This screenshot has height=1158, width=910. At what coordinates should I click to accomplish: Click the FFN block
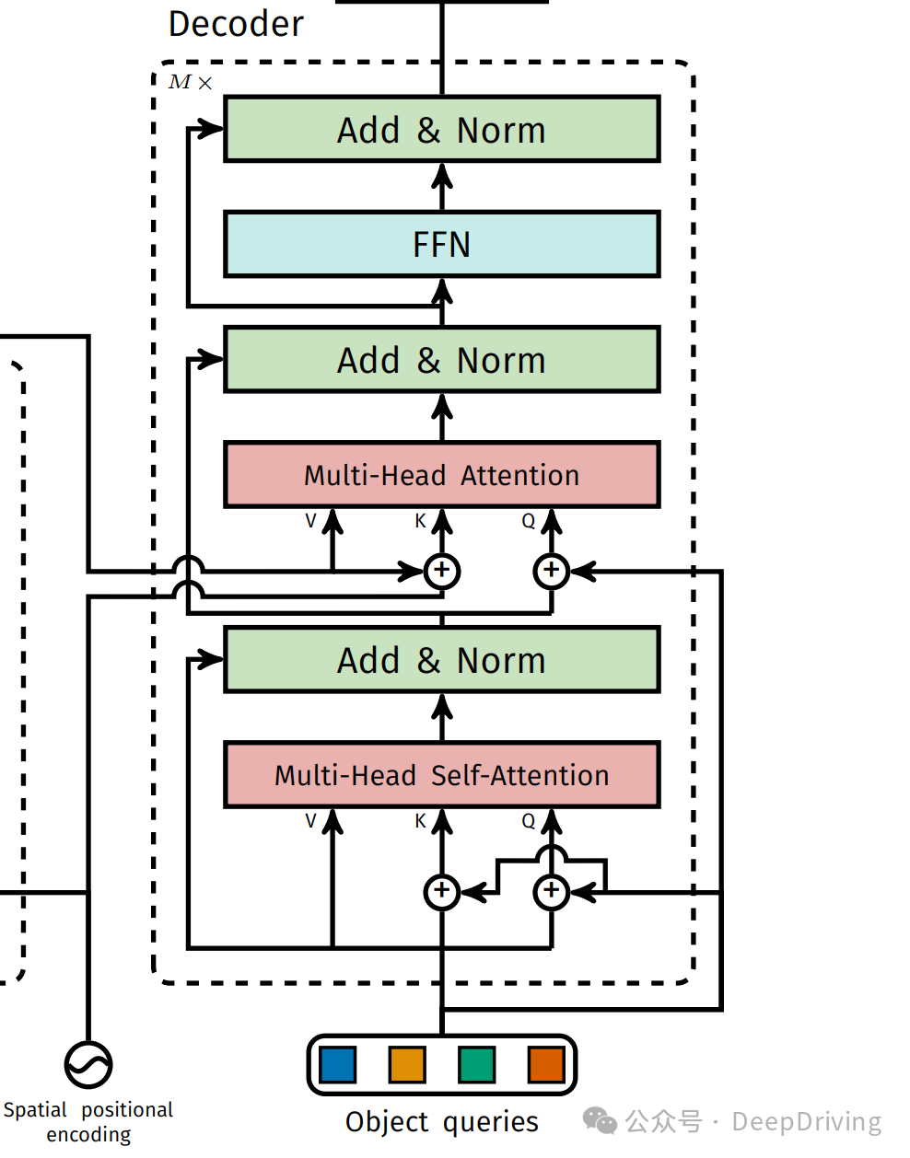[x=442, y=244]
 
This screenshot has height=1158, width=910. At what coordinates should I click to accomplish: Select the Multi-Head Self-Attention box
[x=442, y=775]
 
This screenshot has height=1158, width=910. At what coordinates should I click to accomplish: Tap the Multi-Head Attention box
[x=442, y=475]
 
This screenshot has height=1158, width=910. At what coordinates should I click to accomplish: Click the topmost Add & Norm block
[x=442, y=130]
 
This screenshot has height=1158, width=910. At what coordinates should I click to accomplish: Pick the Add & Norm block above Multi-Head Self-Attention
[x=442, y=660]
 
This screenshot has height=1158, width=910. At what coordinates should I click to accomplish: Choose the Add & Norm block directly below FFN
[x=442, y=360]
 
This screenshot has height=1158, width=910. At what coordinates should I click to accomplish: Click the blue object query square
[x=337, y=1065]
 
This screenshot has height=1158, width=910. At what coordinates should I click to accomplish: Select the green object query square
[x=476, y=1065]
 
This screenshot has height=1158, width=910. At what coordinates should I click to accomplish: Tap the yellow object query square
[x=407, y=1065]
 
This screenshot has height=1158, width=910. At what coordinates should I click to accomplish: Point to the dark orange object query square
[x=545, y=1065]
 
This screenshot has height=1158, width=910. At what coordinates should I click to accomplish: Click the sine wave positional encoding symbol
[x=88, y=1065]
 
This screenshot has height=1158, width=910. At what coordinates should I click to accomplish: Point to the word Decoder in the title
[x=236, y=24]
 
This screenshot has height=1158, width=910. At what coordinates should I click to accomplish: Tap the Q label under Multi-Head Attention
[x=528, y=521]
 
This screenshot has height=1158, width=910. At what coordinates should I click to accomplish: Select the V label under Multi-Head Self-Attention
[x=310, y=821]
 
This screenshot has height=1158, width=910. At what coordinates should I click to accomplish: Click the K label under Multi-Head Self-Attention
[x=420, y=821]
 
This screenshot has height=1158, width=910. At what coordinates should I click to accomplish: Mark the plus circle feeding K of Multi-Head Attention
[x=442, y=571]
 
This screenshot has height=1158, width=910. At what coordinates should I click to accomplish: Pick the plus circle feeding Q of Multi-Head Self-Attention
[x=551, y=891]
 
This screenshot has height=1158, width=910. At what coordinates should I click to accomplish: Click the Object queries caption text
[x=442, y=1122]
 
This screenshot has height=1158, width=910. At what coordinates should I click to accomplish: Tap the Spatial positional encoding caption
[x=88, y=1122]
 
